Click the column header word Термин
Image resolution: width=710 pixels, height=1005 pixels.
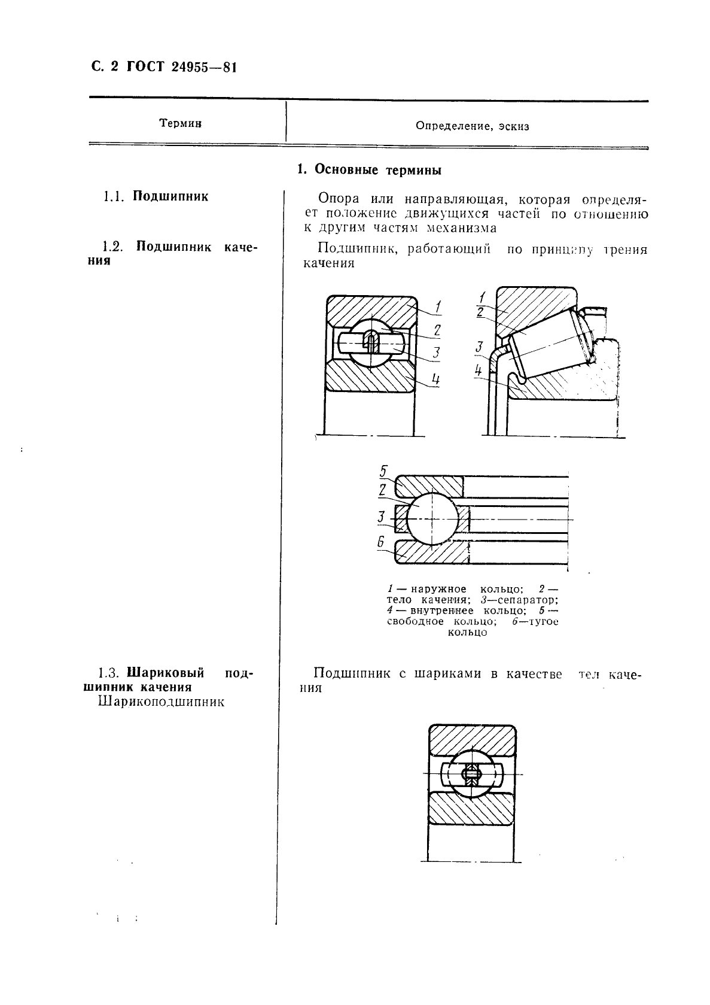pos(180,123)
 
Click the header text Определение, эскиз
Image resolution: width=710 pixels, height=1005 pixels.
pos(472,126)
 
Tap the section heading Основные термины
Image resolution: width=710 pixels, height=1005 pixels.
pos(378,171)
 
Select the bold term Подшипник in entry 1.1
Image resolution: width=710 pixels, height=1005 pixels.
pos(170,196)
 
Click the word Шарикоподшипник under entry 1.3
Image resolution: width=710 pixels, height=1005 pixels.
pos(161,702)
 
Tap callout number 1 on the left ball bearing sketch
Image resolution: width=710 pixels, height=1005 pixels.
pos(438,308)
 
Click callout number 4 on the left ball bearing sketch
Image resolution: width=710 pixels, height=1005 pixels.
pos(436,379)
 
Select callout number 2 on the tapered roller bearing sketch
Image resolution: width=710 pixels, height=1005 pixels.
pos(480,312)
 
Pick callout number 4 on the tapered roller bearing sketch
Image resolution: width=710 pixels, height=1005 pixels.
pos(479,371)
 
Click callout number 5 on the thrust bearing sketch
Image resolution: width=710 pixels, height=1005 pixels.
pos(383,471)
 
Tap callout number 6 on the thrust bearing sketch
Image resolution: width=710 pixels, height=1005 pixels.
pos(380,542)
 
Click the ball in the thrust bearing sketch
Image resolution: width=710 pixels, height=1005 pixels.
pos(432,519)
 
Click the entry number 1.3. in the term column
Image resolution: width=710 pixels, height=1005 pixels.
pos(111,673)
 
